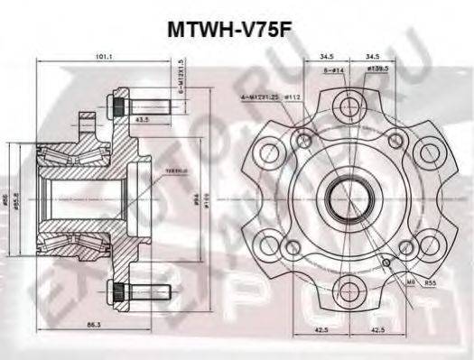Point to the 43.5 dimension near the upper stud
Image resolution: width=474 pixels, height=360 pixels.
[141, 118]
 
